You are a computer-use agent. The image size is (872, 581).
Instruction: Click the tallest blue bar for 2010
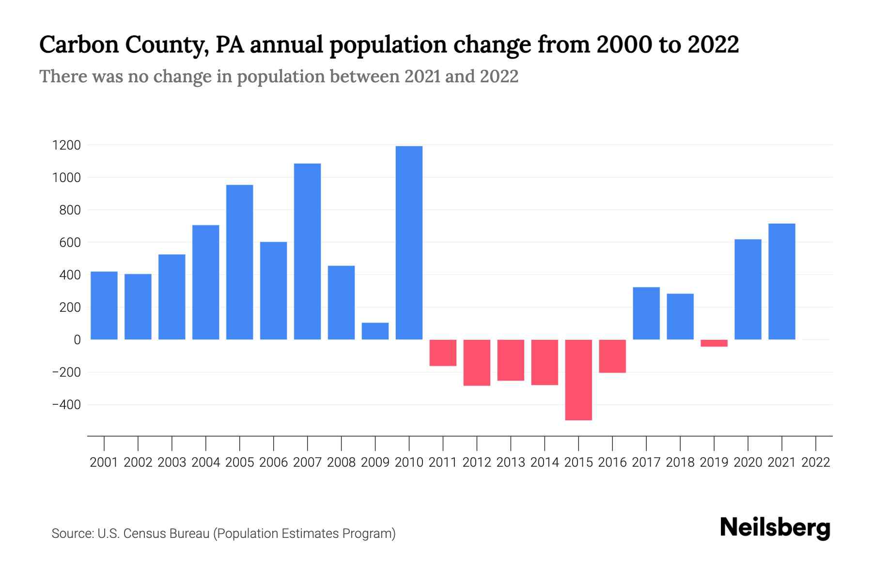[x=409, y=242]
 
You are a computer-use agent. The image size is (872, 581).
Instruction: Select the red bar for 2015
[x=578, y=380]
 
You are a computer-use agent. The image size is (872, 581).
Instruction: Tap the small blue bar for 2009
[x=375, y=331]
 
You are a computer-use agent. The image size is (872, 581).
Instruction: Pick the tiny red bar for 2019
[x=714, y=343]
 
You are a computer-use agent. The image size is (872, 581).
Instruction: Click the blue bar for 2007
[x=307, y=252]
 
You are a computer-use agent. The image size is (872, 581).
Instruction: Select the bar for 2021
[x=781, y=281]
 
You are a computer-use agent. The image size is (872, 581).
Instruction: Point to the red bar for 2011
[x=443, y=352]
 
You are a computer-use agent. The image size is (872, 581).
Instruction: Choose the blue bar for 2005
[x=239, y=262]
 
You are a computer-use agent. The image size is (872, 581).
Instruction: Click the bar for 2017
[x=646, y=313]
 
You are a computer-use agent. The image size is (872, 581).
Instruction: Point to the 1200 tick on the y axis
[x=66, y=145]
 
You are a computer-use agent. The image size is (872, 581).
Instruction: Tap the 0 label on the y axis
[x=77, y=340]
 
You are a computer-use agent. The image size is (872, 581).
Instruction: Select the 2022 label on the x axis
[x=816, y=462]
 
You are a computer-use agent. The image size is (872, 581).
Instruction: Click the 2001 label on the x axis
[x=104, y=462]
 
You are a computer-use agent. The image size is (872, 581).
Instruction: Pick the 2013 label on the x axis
[x=511, y=462]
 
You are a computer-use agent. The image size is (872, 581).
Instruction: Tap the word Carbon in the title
[x=78, y=45]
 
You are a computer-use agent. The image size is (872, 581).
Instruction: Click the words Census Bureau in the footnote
[x=166, y=534]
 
